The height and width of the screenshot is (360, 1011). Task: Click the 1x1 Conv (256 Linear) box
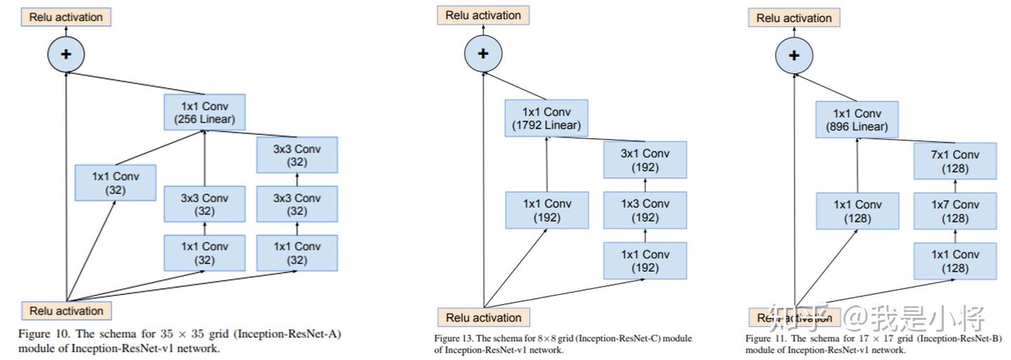204,112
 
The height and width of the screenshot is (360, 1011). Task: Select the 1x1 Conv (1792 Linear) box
546,118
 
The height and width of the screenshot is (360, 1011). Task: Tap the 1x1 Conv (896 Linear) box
857,120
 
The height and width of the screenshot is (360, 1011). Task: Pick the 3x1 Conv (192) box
645,160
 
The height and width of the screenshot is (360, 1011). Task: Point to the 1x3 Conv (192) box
645,210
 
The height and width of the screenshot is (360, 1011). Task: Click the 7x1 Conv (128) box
955,161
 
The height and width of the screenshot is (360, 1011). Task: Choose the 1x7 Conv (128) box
955,211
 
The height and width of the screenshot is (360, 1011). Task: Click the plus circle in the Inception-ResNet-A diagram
66,53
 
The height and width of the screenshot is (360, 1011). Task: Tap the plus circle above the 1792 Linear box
483,53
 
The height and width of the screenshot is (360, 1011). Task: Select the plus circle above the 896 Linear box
794,55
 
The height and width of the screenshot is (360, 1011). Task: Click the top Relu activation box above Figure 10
66,17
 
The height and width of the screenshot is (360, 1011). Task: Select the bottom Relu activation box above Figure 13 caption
483,317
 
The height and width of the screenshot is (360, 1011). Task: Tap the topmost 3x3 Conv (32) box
297,155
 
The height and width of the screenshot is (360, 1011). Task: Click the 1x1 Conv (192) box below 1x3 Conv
645,260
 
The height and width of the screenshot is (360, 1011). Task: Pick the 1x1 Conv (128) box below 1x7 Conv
955,261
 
